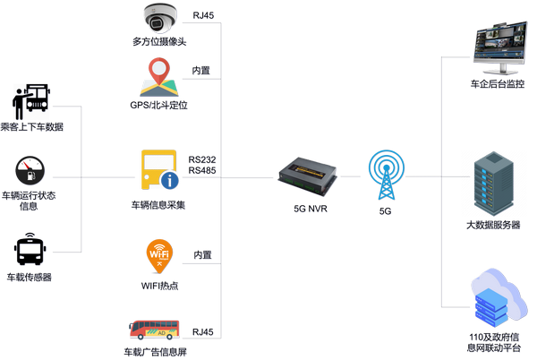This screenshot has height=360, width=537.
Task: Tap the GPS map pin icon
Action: tap(159, 76)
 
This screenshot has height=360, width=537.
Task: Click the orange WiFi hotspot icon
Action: tap(159, 257)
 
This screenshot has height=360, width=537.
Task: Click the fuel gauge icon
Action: tap(30, 170)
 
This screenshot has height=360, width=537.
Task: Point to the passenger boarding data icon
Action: tap(31, 100)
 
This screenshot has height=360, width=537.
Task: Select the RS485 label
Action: tap(203, 170)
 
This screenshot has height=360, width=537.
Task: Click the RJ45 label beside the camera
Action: tap(203, 15)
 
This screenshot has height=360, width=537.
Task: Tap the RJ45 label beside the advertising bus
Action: tap(203, 332)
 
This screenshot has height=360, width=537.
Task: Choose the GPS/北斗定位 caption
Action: tap(159, 106)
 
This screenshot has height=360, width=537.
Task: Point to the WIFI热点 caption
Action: tap(158, 287)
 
